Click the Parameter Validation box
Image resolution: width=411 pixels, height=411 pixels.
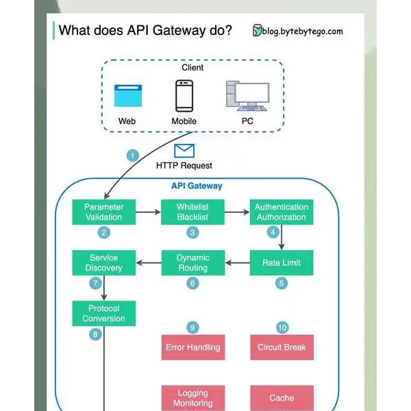(x=104, y=212)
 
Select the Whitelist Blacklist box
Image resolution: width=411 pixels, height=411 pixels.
(x=192, y=212)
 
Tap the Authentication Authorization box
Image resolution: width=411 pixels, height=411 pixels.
(x=282, y=212)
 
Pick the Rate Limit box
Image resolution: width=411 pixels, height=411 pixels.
(x=282, y=262)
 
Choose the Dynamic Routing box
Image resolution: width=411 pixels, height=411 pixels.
(x=193, y=262)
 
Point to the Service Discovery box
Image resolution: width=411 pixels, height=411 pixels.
(x=104, y=262)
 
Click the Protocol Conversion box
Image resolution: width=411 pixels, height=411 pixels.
(x=104, y=314)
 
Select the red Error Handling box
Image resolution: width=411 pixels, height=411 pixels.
(x=193, y=347)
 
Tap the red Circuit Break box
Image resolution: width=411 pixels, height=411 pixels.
(x=282, y=347)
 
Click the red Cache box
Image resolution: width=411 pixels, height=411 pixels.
(x=282, y=398)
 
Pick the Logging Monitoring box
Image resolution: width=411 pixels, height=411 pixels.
(x=193, y=398)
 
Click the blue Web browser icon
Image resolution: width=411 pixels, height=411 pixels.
(x=128, y=95)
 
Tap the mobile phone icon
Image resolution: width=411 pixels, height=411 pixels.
(x=184, y=96)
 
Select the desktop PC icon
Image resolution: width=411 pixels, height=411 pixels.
(x=248, y=96)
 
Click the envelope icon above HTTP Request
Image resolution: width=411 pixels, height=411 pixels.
(x=184, y=151)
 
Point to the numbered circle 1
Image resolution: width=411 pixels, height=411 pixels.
(x=133, y=155)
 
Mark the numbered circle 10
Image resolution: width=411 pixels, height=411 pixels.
(x=282, y=327)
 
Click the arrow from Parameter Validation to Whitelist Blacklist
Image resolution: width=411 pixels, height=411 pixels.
(x=148, y=212)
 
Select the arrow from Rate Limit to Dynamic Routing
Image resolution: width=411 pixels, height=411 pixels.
(x=238, y=262)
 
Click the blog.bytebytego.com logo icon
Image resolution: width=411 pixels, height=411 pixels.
(x=257, y=30)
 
